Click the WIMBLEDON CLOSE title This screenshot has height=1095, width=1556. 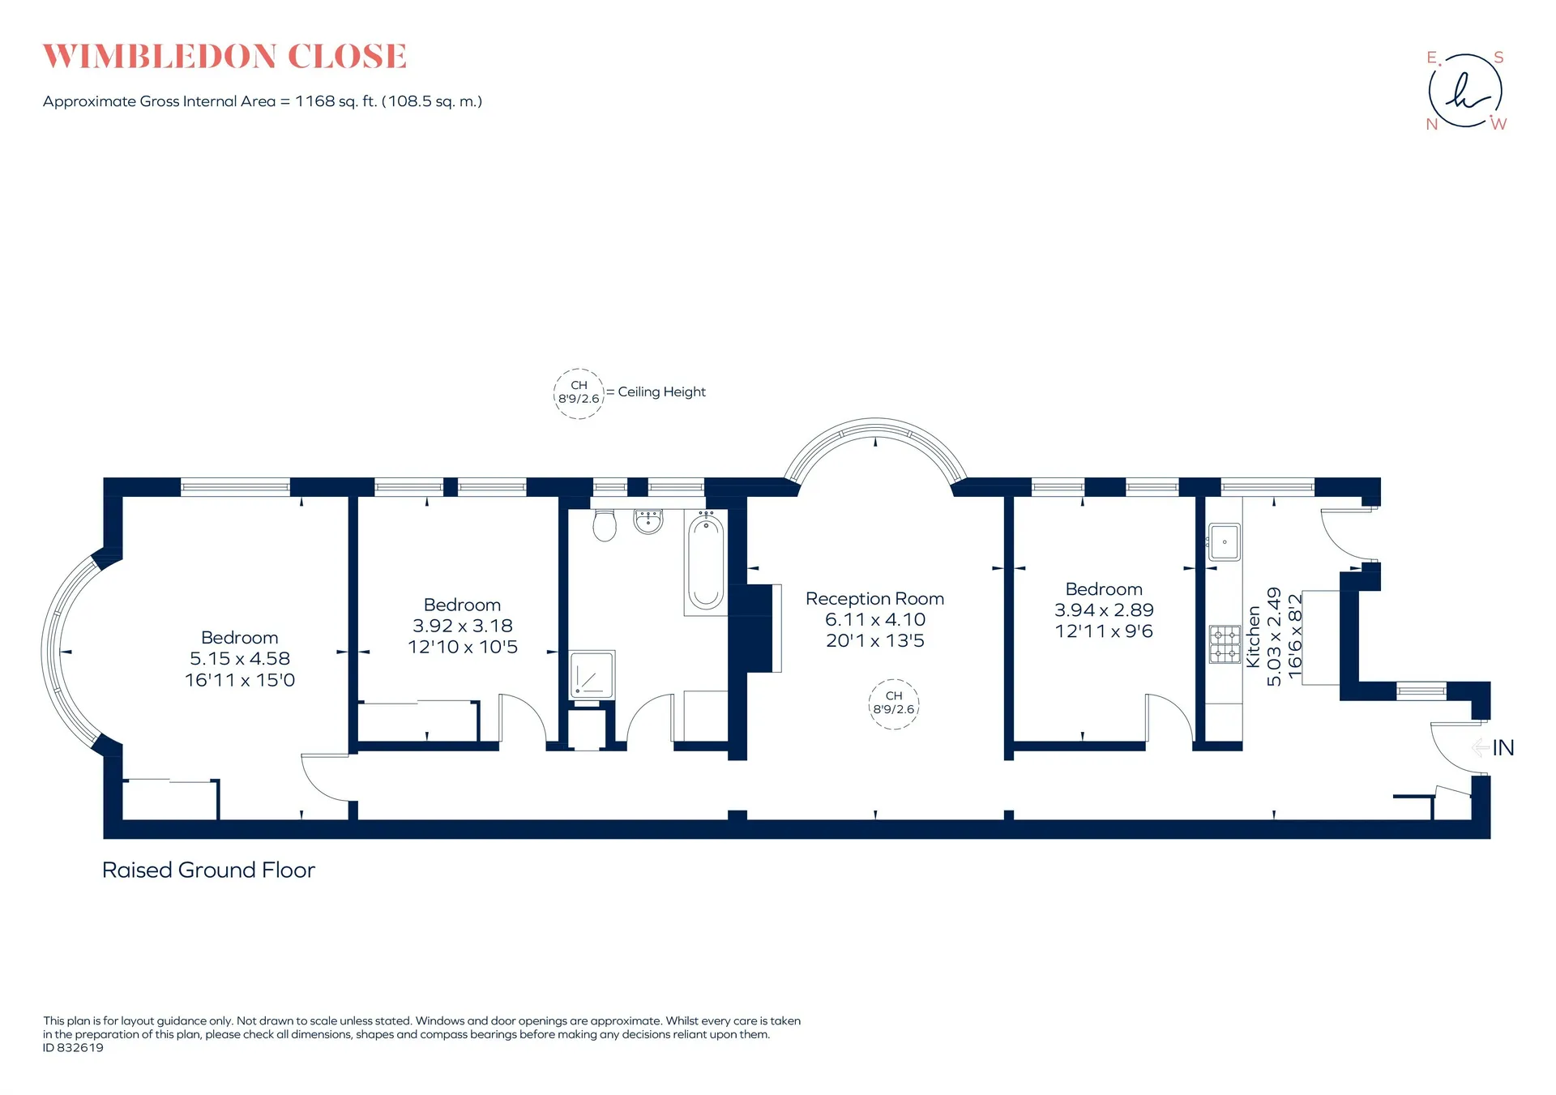pyautogui.click(x=224, y=57)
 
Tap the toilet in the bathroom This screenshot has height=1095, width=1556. pyautogui.click(x=605, y=525)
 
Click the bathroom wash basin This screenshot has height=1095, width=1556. pyautogui.click(x=648, y=522)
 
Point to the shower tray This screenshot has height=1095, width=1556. pyautogui.click(x=592, y=674)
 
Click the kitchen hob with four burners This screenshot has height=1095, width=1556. pyautogui.click(x=1225, y=644)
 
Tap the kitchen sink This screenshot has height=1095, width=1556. pyautogui.click(x=1225, y=541)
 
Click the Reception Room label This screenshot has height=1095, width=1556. pyautogui.click(x=874, y=599)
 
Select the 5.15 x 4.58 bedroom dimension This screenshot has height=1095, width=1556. pyautogui.click(x=240, y=659)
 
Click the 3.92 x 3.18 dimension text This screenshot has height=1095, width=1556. pyautogui.click(x=463, y=626)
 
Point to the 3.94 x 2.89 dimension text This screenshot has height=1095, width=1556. pyautogui.click(x=1104, y=610)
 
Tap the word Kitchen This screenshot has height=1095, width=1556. pyautogui.click(x=1253, y=637)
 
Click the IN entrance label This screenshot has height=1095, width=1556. pyautogui.click(x=1503, y=747)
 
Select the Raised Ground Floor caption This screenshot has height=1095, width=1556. pyautogui.click(x=208, y=870)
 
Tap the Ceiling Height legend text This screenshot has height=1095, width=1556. pyautogui.click(x=662, y=392)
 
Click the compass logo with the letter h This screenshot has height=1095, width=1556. pyautogui.click(x=1465, y=91)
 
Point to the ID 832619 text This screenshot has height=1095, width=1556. pyautogui.click(x=73, y=1048)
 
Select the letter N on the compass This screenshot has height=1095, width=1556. pyautogui.click(x=1432, y=124)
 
